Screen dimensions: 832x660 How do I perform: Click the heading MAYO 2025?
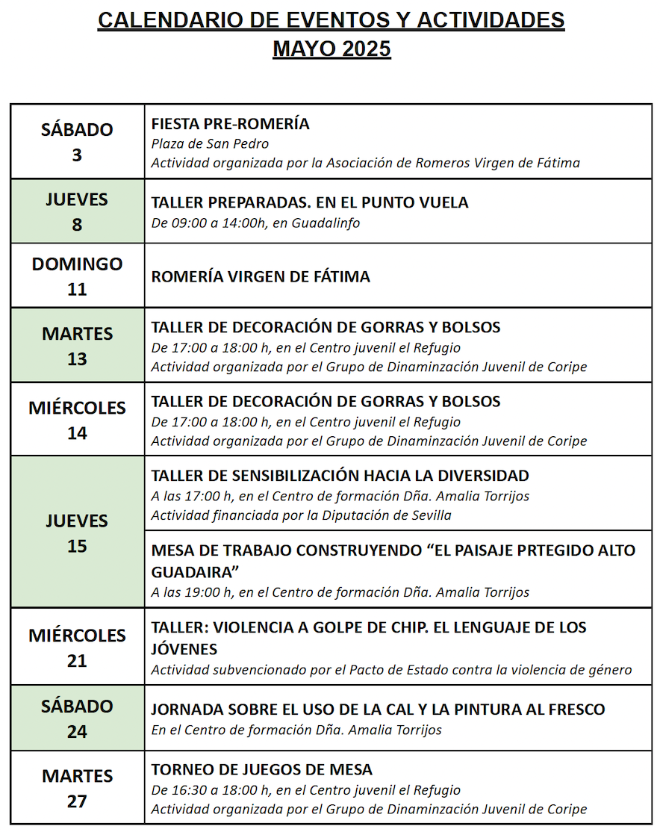pyautogui.click(x=331, y=49)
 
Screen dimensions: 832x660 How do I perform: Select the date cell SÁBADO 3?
pyautogui.click(x=77, y=142)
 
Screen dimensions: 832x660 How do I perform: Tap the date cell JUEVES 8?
pyautogui.click(x=77, y=211)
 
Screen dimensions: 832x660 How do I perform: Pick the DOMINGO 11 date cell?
pyautogui.click(x=77, y=276)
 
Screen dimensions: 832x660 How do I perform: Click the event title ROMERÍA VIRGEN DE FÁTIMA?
pyautogui.click(x=261, y=276)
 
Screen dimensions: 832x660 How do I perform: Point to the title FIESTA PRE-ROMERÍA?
pyautogui.click(x=230, y=124)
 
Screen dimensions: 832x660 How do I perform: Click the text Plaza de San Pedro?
pyautogui.click(x=210, y=143)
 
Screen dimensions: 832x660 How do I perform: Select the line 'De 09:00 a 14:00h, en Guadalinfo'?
pyautogui.click(x=255, y=223)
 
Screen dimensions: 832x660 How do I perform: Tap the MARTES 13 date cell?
pyautogui.click(x=77, y=346)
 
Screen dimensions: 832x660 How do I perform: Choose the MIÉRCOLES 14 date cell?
pyautogui.click(x=77, y=420)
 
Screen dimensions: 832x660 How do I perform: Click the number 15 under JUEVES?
pyautogui.click(x=77, y=546)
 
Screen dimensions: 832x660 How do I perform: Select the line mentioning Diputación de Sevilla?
pyautogui.click(x=301, y=515)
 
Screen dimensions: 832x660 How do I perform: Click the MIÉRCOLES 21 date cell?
pyautogui.click(x=77, y=648)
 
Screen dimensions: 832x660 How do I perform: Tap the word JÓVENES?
pyautogui.click(x=184, y=649)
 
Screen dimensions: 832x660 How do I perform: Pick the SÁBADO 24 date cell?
pyautogui.click(x=77, y=718)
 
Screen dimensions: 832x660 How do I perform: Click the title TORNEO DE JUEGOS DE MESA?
pyautogui.click(x=261, y=769)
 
